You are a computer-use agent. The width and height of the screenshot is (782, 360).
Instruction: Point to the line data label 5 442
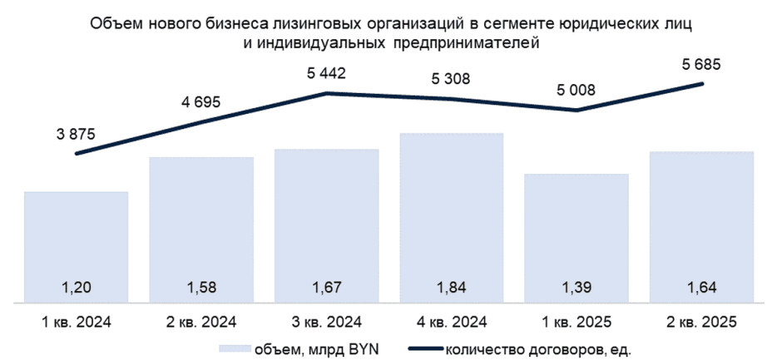pyautogui.click(x=326, y=73)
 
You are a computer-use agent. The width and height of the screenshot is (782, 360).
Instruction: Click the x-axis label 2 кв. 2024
pyautogui.click(x=201, y=320)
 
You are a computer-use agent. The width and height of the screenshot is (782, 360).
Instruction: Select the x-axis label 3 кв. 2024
pyautogui.click(x=326, y=320)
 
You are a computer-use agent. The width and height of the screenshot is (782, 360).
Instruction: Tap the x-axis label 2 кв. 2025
pyautogui.click(x=701, y=320)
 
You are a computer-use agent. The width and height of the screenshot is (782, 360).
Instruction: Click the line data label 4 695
pyautogui.click(x=202, y=103)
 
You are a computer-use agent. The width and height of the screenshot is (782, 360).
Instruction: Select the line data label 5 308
pyautogui.click(x=451, y=79)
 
